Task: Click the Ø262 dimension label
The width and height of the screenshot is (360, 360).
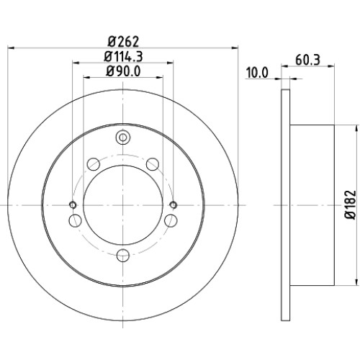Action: click(123, 42)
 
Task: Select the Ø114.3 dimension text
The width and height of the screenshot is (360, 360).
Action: click(123, 57)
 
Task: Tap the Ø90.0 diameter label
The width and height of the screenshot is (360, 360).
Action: click(123, 71)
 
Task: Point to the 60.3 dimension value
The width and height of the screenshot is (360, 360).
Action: click(307, 60)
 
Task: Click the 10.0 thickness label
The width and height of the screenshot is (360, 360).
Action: click(257, 73)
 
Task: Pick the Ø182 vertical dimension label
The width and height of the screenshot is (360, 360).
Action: click(350, 204)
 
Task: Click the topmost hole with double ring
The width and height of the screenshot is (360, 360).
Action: click(123, 138)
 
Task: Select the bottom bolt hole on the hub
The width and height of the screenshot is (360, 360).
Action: click(123, 255)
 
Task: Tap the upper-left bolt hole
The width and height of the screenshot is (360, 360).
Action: click(94, 164)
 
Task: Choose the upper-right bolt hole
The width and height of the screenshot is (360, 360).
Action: click(153, 164)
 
